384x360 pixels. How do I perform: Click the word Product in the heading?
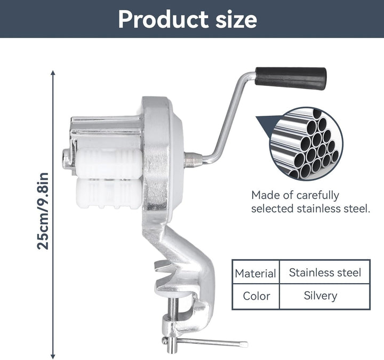pyautogui.click(x=163, y=20)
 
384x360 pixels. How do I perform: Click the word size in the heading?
pyautogui.click(x=236, y=20)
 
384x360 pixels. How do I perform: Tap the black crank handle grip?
pyautogui.click(x=291, y=78)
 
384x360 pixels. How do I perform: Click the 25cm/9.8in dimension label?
pyautogui.click(x=43, y=211)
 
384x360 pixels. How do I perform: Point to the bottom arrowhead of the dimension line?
pyautogui.click(x=53, y=357)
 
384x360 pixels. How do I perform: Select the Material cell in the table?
pyautogui.click(x=255, y=272)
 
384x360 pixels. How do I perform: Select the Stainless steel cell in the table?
pyautogui.click(x=325, y=272)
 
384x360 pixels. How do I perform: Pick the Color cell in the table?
pyautogui.click(x=255, y=297)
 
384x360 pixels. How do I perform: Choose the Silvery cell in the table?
pyautogui.click(x=325, y=297)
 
